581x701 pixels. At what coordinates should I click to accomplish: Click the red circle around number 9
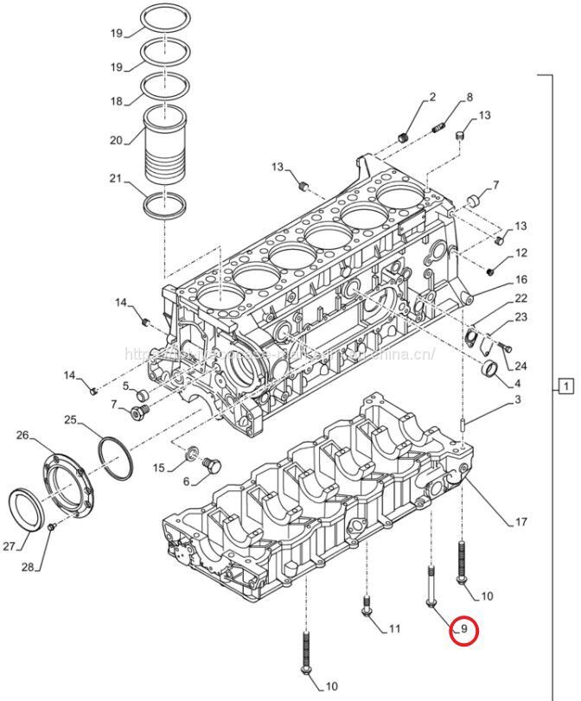click(464, 630)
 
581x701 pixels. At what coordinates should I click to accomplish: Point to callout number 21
click(116, 180)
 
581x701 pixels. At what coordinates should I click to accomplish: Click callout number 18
click(116, 101)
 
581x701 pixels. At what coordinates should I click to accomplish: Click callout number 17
click(520, 521)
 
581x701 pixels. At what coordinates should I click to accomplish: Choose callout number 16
click(520, 280)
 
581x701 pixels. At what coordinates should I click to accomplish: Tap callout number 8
click(469, 97)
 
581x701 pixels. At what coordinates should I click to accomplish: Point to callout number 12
click(520, 253)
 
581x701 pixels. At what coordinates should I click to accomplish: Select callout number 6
click(186, 481)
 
